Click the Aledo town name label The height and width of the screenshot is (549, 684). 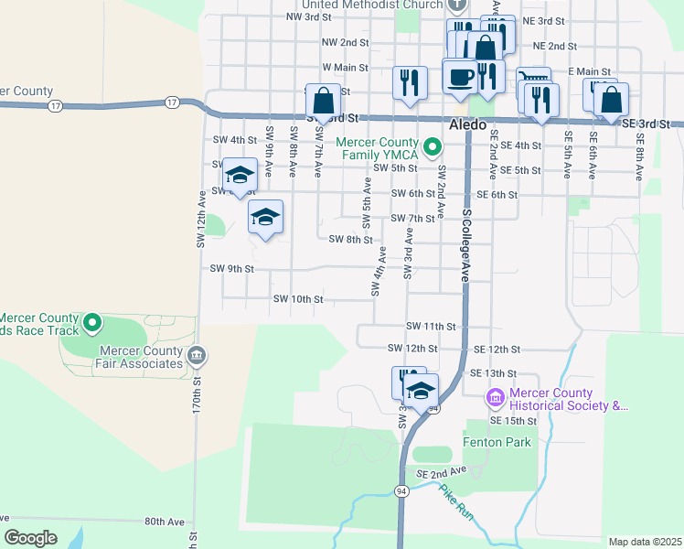point(467,124)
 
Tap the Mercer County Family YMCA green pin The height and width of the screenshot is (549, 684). point(433,145)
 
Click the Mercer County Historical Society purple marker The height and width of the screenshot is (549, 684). point(495,397)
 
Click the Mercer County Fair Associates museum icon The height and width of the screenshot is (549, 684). point(196,355)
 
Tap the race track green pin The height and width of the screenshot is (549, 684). point(91,322)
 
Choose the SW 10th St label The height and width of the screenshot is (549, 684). point(297,299)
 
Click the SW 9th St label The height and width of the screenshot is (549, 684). point(231,269)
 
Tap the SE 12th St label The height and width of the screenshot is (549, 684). point(497,350)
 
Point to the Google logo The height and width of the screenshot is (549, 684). point(31,538)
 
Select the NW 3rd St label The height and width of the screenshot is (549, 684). point(308,17)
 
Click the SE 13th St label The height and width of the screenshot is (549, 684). point(493,373)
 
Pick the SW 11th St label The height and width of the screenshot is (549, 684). point(431,327)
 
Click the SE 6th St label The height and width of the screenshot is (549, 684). point(497,195)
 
